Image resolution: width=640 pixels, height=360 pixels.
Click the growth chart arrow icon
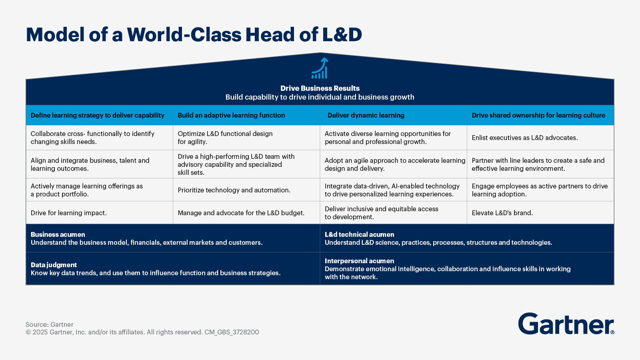(x=320, y=68)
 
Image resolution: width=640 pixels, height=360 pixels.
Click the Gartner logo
(x=566, y=324)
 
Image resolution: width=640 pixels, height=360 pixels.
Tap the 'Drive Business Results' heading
(x=320, y=88)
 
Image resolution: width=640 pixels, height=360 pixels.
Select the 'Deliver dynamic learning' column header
(x=366, y=115)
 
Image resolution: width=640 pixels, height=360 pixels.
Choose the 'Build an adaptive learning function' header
(x=231, y=115)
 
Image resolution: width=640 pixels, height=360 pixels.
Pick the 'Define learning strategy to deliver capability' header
(x=98, y=115)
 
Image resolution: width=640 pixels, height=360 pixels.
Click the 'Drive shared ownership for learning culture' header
(x=538, y=115)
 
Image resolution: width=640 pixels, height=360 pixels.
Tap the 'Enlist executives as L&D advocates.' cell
(x=525, y=138)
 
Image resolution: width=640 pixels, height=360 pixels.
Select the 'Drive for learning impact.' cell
(x=69, y=213)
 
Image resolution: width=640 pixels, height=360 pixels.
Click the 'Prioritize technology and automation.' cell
(x=234, y=190)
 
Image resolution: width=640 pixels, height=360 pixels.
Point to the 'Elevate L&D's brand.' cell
(x=502, y=213)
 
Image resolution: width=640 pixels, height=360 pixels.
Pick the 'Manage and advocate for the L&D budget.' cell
(x=241, y=213)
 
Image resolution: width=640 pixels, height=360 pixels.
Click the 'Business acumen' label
(x=58, y=234)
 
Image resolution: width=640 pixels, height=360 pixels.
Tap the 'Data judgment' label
(x=54, y=265)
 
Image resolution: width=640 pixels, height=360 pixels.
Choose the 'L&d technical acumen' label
(x=359, y=234)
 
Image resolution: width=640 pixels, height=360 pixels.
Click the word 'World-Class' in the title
(x=184, y=35)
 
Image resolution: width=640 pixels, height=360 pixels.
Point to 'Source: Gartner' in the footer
(x=50, y=324)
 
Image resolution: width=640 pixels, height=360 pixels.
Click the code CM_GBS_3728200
(x=232, y=332)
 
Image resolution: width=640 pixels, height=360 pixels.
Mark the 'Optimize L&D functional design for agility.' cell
(x=225, y=138)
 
